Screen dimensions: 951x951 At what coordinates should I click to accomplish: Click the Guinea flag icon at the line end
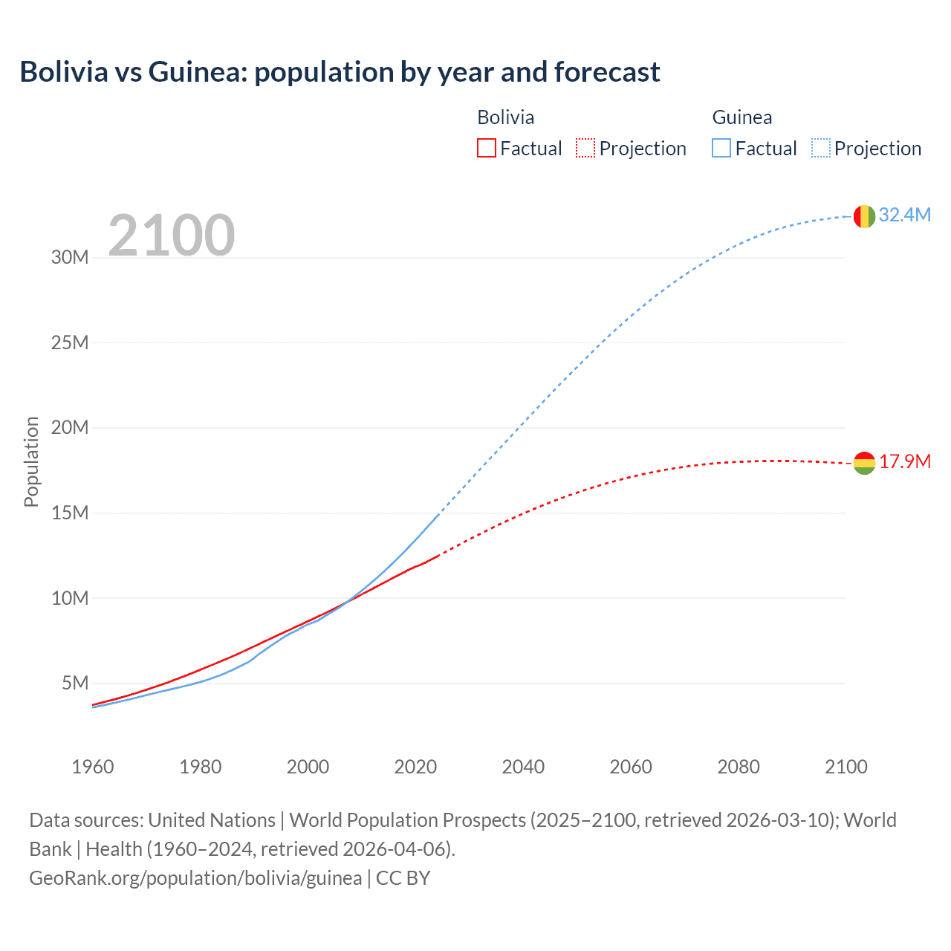[x=864, y=216]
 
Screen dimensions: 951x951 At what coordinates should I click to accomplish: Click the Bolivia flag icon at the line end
[x=864, y=463]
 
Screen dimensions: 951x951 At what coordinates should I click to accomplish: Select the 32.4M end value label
[x=904, y=215]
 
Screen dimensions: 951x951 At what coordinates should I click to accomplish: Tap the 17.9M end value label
[x=904, y=462]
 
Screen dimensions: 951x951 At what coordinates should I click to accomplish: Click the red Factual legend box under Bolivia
[x=486, y=149]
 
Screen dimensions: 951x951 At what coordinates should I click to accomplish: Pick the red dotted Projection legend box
[x=585, y=149]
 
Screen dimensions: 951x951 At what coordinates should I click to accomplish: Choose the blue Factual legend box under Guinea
[x=721, y=149]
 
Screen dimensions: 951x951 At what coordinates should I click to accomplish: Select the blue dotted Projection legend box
[x=820, y=149]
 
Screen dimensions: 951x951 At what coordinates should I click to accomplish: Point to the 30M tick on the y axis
[x=70, y=258]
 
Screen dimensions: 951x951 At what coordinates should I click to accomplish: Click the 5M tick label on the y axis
[x=75, y=683]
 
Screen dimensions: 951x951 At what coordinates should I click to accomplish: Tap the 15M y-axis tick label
[x=70, y=513]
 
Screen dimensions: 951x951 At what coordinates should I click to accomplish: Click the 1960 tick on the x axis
[x=93, y=767]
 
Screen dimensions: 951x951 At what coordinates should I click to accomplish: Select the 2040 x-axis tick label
[x=523, y=767]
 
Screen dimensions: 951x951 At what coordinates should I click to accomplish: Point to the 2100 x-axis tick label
[x=845, y=767]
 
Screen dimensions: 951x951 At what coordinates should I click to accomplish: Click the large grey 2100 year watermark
[x=172, y=236]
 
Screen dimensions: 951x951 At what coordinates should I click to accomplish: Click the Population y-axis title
[x=31, y=461]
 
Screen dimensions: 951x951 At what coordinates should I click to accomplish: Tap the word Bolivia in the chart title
[x=64, y=72]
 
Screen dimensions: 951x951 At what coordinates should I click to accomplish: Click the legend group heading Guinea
[x=741, y=117]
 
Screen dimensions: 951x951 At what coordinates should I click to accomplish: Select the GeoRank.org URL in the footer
[x=195, y=878]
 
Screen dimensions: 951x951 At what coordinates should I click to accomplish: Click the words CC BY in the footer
[x=403, y=878]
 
